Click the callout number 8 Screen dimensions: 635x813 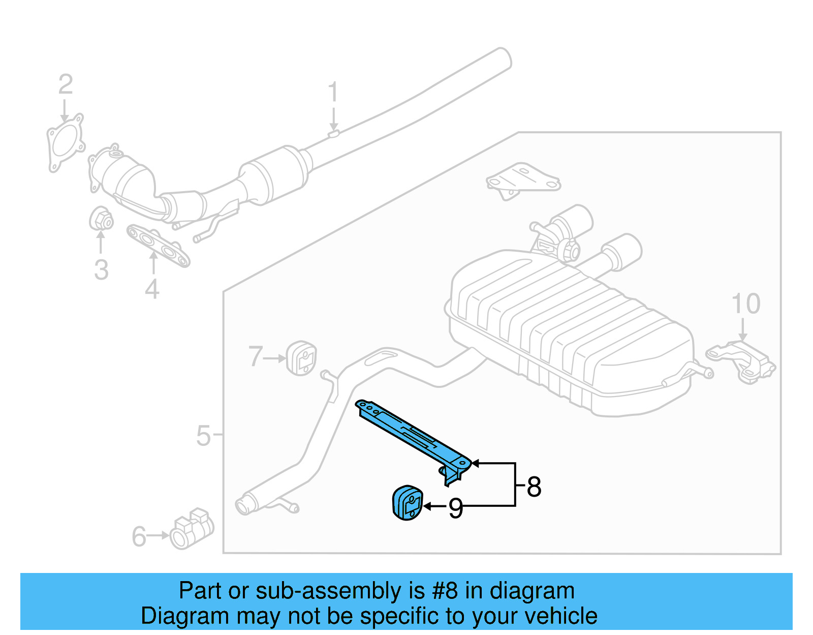pos(534,487)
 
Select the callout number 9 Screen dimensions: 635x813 pos(456,508)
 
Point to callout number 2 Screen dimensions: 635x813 pos(66,84)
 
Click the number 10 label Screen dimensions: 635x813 pos(745,304)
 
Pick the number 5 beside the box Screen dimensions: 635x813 pos(203,436)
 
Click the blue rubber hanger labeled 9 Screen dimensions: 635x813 pos(407,503)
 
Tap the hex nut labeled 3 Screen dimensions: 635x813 pos(101,219)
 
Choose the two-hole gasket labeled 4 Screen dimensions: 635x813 pos(158,246)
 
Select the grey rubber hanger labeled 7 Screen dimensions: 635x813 pos(301,358)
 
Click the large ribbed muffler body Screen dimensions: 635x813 pos(569,330)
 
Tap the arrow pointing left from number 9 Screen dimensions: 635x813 pos(434,506)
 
